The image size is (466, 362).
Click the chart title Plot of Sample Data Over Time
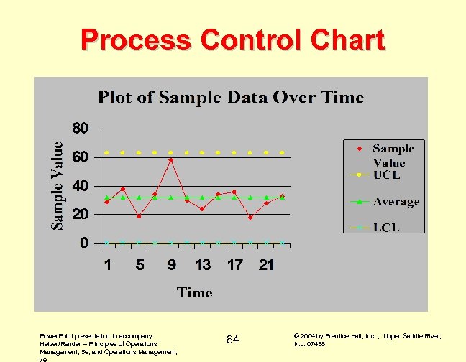click(x=231, y=97)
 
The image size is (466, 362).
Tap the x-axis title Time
click(x=195, y=292)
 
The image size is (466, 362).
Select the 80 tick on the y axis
click(x=81, y=129)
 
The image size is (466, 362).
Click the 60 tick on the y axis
click(x=81, y=157)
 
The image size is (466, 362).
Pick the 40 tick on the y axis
click(x=81, y=185)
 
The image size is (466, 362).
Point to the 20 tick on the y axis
click(x=81, y=214)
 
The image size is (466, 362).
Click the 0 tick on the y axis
click(x=85, y=243)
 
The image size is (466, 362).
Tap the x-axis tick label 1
click(x=107, y=265)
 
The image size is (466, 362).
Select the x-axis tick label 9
click(x=171, y=265)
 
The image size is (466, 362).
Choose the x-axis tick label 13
click(x=203, y=265)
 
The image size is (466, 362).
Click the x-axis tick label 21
click(x=266, y=265)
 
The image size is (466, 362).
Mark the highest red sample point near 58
click(x=170, y=160)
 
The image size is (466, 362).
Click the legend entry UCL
click(x=386, y=175)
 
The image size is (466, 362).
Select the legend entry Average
click(x=396, y=202)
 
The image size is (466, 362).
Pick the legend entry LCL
click(x=386, y=228)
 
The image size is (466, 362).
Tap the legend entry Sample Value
click(x=393, y=155)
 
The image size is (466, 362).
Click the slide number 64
click(x=232, y=339)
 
